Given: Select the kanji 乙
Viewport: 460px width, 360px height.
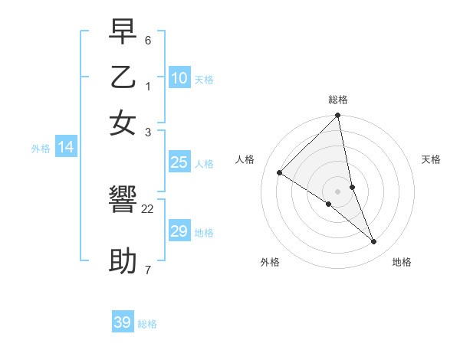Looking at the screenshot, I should [x=123, y=77].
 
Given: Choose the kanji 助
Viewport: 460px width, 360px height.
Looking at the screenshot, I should [x=123, y=261].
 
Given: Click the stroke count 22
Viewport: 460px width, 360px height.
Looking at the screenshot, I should [x=148, y=209].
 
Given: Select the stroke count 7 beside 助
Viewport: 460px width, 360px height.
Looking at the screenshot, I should [x=148, y=270].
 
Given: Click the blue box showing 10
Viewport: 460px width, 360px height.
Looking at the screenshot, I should [x=179, y=77].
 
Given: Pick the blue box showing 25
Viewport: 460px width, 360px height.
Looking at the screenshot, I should [x=179, y=162].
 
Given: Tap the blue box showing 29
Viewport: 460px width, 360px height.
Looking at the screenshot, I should [x=179, y=231].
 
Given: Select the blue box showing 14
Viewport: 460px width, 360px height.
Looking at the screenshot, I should [x=66, y=147].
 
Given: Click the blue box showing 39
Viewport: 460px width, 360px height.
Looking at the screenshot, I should [x=123, y=322].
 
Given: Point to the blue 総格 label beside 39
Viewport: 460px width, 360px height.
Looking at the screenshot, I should [x=148, y=324].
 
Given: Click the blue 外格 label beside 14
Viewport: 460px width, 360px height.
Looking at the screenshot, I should [x=41, y=149].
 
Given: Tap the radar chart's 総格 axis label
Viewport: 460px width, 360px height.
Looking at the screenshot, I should [x=338, y=100].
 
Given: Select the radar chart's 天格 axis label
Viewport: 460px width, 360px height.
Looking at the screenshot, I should [x=431, y=159].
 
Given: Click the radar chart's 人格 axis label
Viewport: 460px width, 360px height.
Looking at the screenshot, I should [x=245, y=159].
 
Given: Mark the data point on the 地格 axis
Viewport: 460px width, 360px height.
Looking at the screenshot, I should [x=374, y=242].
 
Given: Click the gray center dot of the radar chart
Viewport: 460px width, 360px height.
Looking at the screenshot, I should [x=338, y=191].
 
